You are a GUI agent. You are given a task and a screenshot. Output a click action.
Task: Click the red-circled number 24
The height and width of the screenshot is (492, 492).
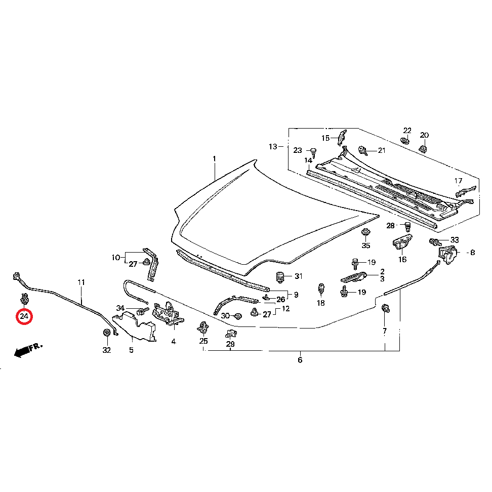pos(24,316)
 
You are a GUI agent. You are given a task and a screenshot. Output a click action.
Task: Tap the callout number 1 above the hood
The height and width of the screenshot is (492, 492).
pos(214,159)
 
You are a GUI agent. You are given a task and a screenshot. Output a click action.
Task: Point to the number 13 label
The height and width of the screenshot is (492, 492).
pos(273,146)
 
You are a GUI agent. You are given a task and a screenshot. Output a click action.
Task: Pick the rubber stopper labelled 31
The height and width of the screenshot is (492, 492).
pos(280,277)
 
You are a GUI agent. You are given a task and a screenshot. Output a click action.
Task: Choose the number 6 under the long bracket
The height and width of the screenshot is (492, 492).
pos(300,360)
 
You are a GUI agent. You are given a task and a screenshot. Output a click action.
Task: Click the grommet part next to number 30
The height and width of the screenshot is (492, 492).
pos(238,316)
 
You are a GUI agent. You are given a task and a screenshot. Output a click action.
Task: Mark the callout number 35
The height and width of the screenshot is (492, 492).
pos(366,245)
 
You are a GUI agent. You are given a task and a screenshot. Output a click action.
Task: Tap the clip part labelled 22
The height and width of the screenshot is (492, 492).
pos(405,140)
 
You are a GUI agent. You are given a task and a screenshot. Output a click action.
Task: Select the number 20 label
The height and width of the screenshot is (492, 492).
pos(424,135)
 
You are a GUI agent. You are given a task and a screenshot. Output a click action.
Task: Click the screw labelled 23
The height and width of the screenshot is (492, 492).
pos(313,152)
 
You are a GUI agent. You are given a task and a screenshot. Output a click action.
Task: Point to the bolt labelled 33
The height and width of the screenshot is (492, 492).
pos(435,242)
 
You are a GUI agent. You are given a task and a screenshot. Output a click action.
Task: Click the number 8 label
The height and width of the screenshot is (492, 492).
pos(473,253)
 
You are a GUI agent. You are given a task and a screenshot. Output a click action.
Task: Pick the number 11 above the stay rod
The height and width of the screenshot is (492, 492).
pos(81,282)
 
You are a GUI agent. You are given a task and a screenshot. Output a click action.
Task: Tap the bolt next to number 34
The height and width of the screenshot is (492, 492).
pos(142,311)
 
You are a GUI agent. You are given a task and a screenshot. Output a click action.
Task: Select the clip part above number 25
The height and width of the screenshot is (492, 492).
pos(203,328)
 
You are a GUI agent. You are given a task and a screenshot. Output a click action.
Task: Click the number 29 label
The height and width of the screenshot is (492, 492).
pos(230,344)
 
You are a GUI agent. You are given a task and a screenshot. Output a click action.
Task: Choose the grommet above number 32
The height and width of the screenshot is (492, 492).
pos(107,333)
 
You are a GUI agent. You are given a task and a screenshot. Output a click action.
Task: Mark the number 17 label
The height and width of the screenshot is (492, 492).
pos(459,181)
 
